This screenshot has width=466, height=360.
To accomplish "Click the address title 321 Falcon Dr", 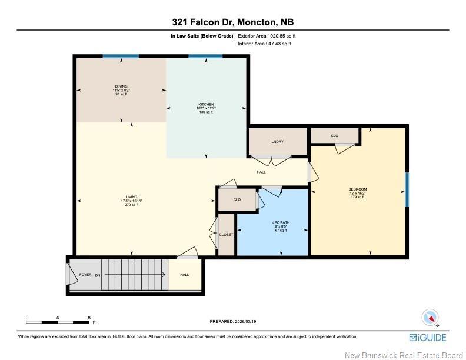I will coord(232,22).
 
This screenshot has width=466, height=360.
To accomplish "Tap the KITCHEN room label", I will coord(205,104).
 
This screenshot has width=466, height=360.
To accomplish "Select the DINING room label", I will coord(121,86).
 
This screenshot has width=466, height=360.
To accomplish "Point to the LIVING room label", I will coord(131,197).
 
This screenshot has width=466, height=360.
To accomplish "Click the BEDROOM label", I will coord(357,189).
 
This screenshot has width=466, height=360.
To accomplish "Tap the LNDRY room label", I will coord(277,142).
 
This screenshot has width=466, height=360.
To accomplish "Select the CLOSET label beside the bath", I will coord(226,234).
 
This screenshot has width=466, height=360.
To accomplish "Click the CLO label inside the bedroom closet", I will coord(334,136).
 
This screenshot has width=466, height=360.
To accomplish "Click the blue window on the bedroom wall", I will coord(407,189).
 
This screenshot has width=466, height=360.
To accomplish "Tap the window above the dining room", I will coord(121,56).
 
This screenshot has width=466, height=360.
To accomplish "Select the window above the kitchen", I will coord(205,56).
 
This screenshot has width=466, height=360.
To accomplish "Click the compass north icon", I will coord(431,318).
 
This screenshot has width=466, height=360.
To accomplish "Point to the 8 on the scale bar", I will coord(89,317).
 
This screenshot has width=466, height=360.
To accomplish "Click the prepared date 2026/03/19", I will coord(233,321).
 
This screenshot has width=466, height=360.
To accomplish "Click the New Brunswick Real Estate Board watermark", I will coord(412,354).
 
